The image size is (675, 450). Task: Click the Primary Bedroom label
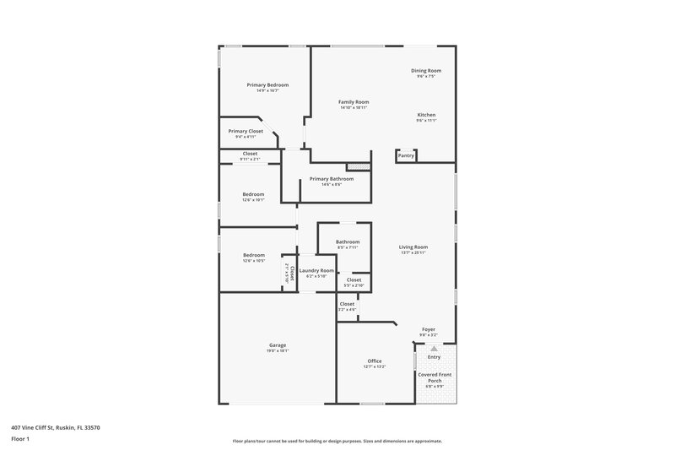click(267, 84)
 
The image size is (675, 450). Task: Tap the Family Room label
click(354, 102)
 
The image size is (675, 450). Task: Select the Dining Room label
click(426, 71)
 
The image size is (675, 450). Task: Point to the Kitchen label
click(426, 115)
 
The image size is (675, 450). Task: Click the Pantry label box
click(406, 155)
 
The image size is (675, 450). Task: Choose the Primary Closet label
click(246, 131)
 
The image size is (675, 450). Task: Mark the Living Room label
click(413, 247)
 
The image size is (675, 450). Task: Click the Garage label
click(278, 344)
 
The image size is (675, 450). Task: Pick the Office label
click(375, 361)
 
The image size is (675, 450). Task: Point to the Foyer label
click(429, 329)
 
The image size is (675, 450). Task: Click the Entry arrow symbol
click(434, 348)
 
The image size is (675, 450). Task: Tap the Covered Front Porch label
click(435, 377)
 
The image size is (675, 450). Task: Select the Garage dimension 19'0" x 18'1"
click(278, 350)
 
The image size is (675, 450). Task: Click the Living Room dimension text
click(413, 252)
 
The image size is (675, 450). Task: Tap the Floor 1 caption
click(19, 439)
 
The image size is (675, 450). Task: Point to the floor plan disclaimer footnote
click(337, 441)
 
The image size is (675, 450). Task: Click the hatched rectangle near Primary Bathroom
click(359, 166)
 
